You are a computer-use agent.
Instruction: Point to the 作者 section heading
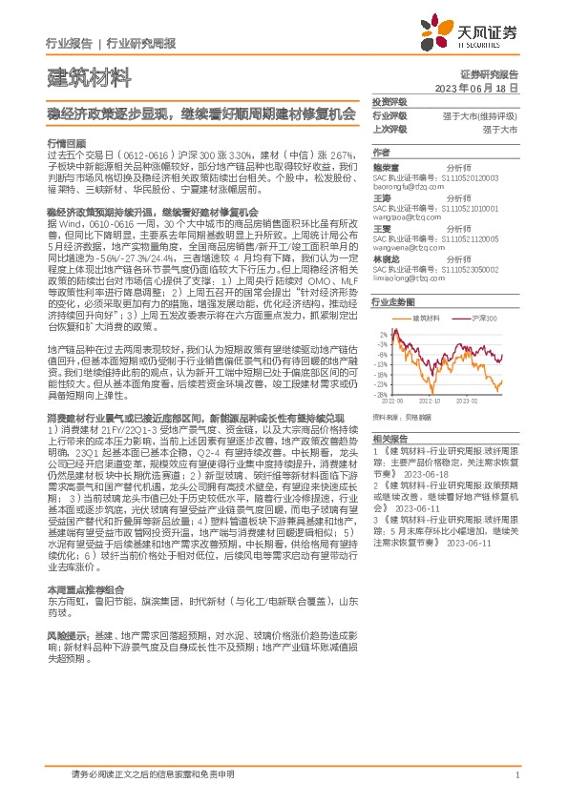coord(382,152)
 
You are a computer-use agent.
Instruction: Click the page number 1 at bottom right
coord(515,774)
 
